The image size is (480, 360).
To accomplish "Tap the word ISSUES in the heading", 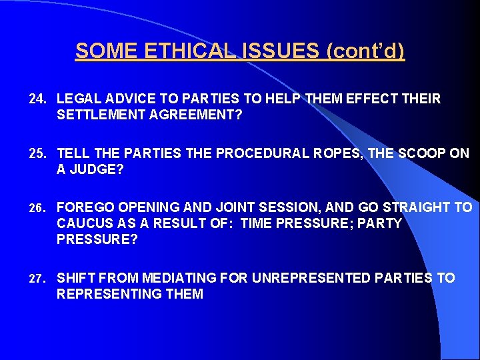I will tap(281, 51).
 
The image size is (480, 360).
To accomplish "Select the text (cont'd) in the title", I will tap(365, 51).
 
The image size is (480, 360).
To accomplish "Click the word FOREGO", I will tap(82, 207).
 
